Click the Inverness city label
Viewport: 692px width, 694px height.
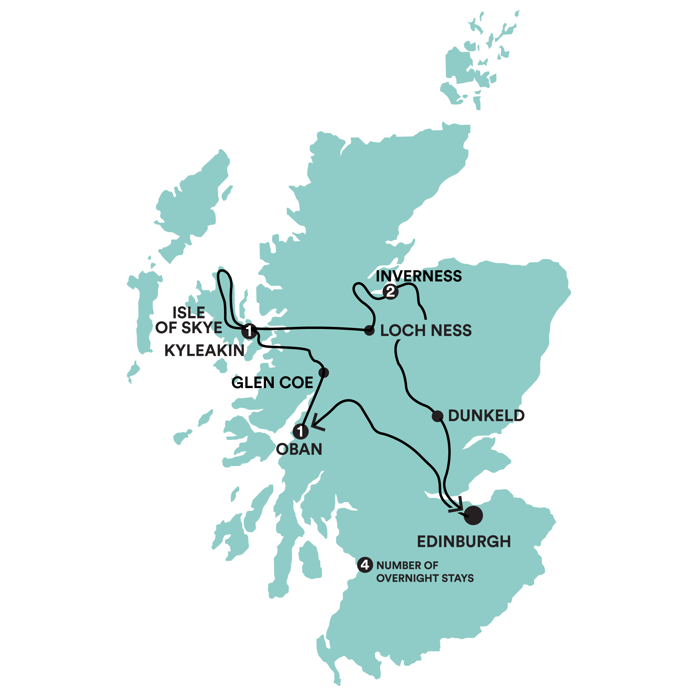click(x=419, y=276)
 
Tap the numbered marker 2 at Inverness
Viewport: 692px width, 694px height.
click(x=390, y=291)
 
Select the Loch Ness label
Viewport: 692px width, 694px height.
click(x=426, y=330)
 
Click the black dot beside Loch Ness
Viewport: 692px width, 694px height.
click(x=369, y=330)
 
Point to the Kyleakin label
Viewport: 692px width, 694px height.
click(x=205, y=351)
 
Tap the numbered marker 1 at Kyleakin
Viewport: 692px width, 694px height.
click(x=249, y=331)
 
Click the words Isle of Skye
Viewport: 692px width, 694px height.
click(x=188, y=320)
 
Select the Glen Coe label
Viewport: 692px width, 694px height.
click(x=272, y=382)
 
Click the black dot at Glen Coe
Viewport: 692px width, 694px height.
click(x=324, y=372)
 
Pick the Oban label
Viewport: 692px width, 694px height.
click(x=299, y=449)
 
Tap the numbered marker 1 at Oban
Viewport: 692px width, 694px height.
click(x=301, y=431)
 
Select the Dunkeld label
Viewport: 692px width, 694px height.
click(x=486, y=416)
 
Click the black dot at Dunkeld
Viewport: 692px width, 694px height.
click(x=437, y=416)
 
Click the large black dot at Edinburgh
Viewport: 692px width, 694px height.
click(x=473, y=515)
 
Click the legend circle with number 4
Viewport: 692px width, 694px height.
click(x=365, y=565)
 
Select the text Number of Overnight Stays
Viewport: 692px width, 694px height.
click(x=425, y=572)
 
